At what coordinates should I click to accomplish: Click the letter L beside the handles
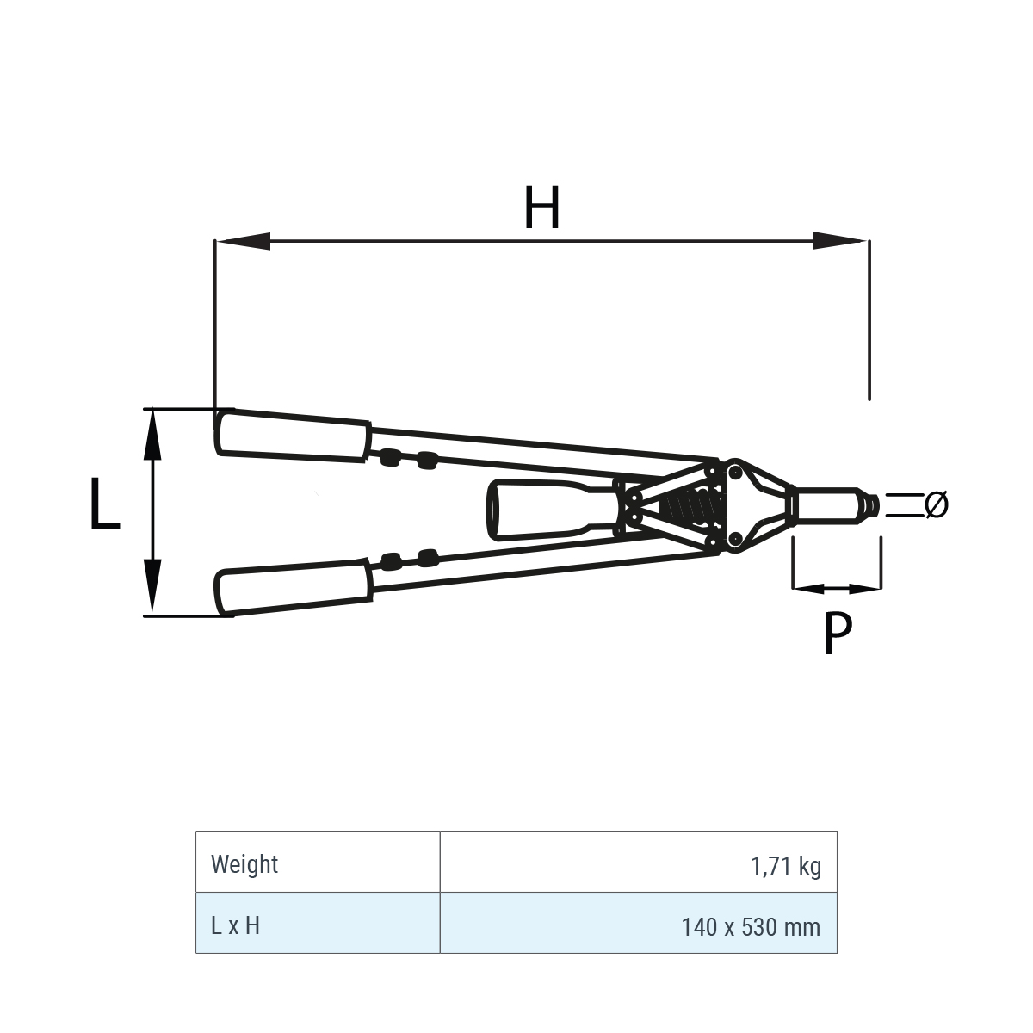104,504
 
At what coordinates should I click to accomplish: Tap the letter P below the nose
837,633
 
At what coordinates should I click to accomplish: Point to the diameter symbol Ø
937,504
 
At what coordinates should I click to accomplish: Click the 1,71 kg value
785,866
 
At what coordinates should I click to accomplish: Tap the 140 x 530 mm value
751,927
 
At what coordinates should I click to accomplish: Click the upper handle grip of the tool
293,436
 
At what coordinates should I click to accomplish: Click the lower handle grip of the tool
293,588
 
